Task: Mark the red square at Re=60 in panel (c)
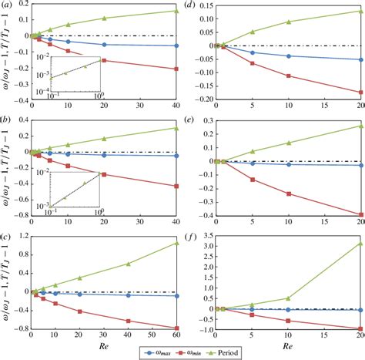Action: coord(177,328)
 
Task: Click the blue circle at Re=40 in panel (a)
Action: coord(177,45)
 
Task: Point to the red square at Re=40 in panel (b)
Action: coord(177,187)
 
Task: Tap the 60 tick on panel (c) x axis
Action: coord(177,337)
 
